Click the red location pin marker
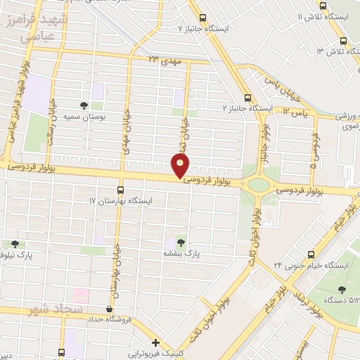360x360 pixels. coord(181,167)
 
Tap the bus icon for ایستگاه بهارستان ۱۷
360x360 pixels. coord(120,190)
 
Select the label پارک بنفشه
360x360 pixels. coord(183,252)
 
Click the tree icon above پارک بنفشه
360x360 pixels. coord(184,242)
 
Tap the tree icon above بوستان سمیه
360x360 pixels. coord(84,105)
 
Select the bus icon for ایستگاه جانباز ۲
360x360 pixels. coord(246,98)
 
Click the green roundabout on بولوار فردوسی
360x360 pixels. coord(258,186)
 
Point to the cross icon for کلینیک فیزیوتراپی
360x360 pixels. coord(155,342)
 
